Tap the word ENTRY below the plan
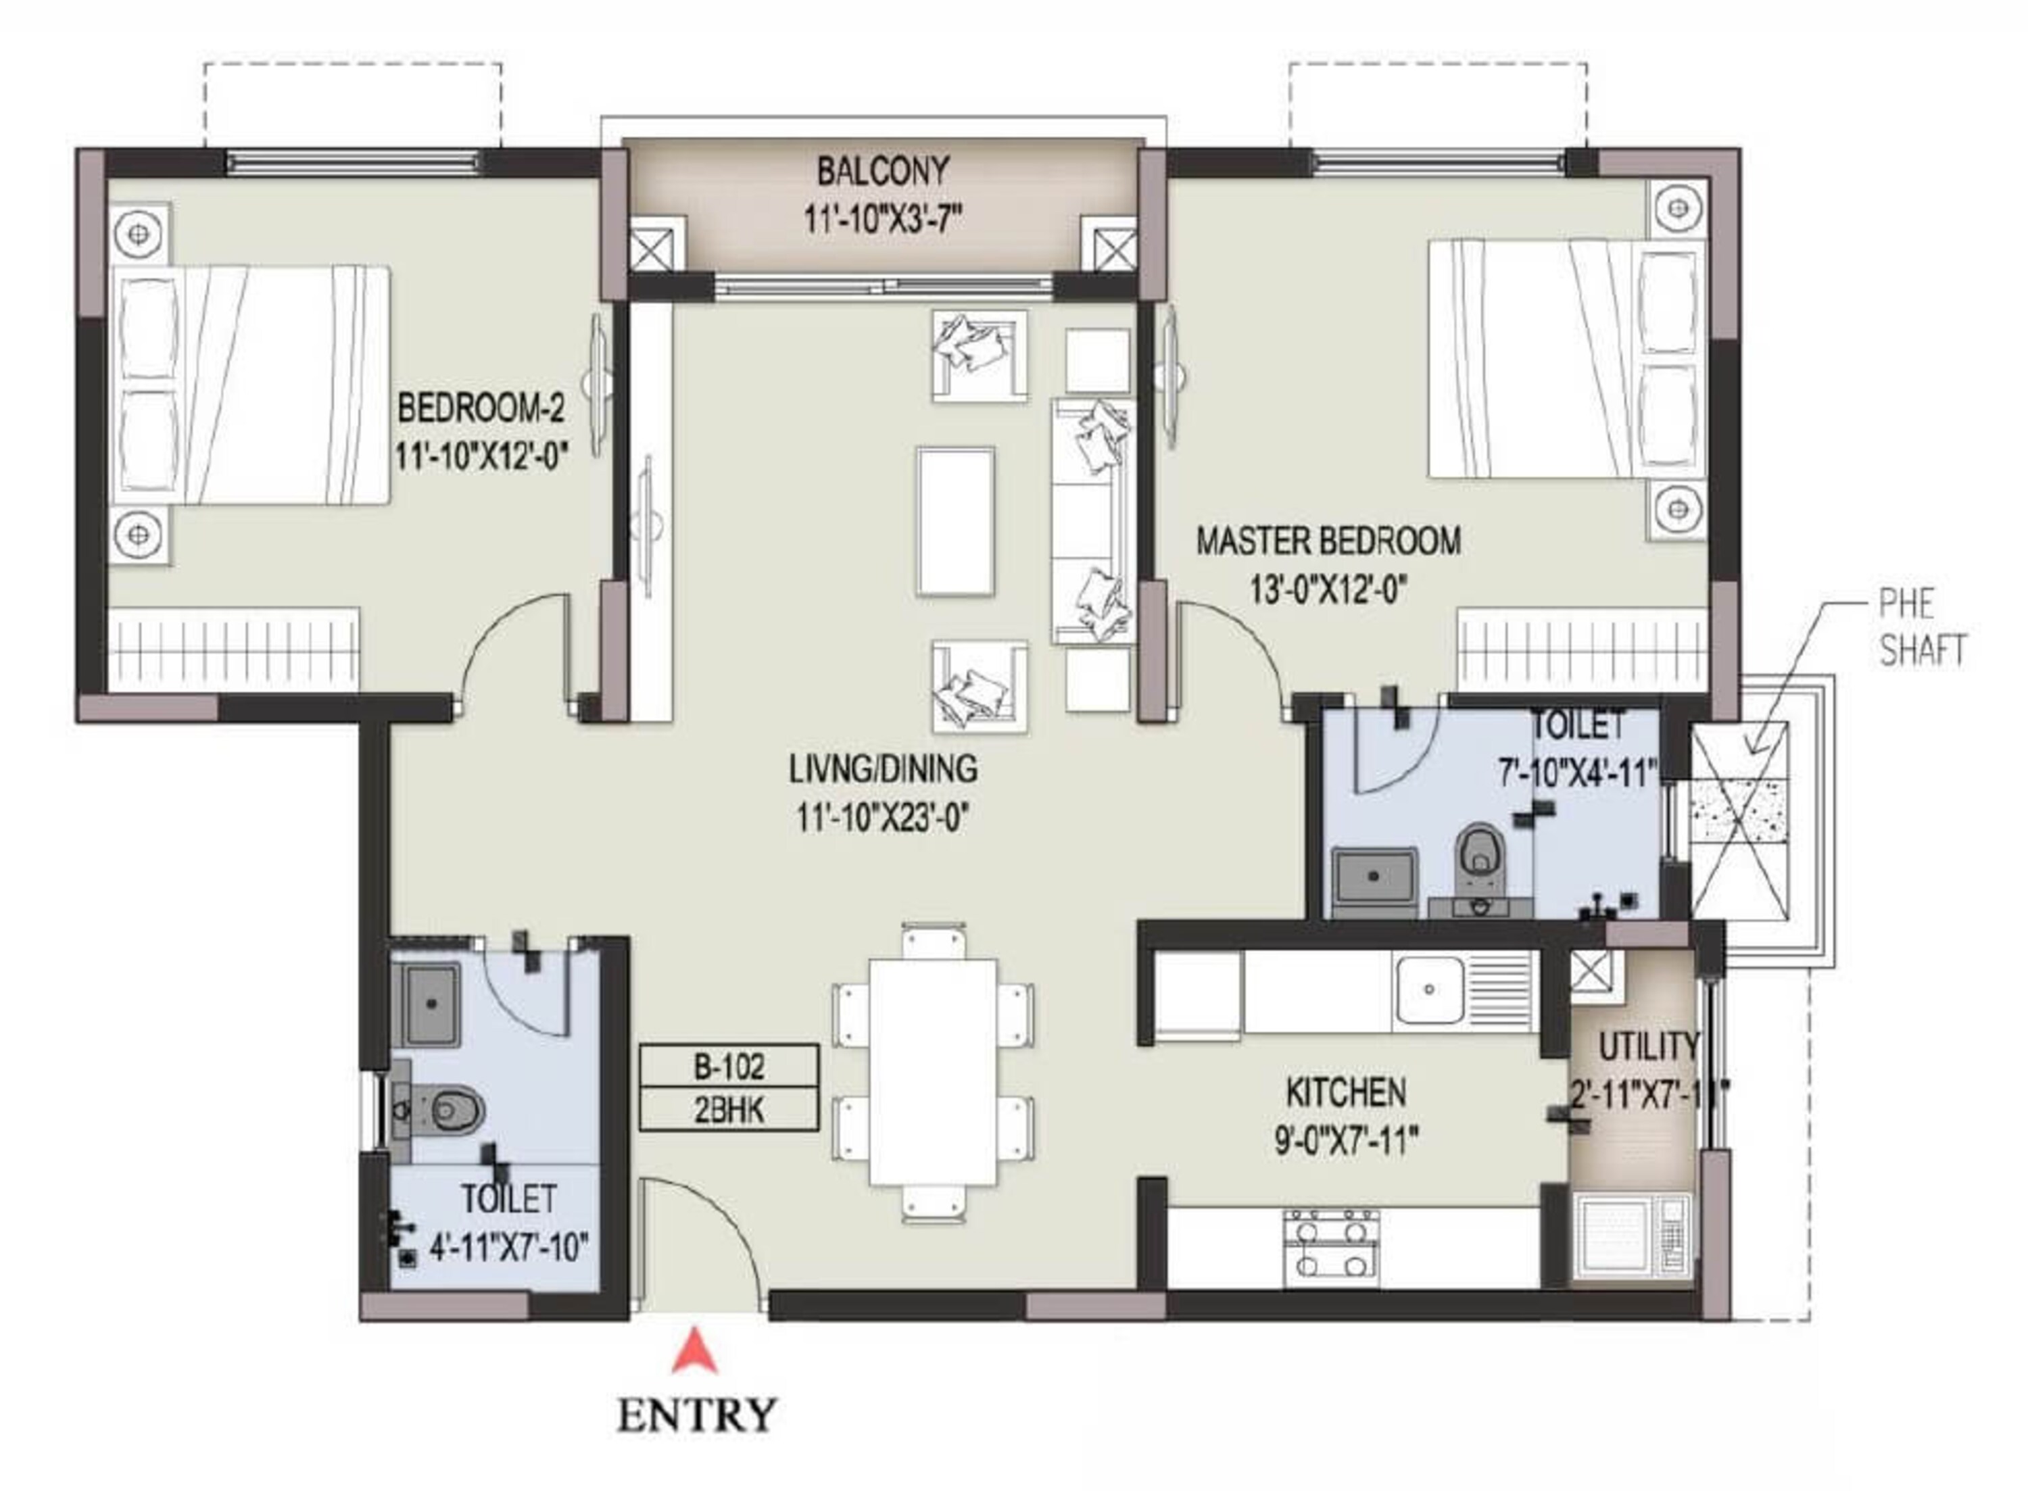click(x=696, y=1415)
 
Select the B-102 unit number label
click(x=729, y=1068)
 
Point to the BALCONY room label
click(x=883, y=170)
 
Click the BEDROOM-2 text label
click(x=481, y=409)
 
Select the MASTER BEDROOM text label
click(x=1328, y=541)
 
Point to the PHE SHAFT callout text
click(x=1923, y=628)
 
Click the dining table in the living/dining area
click(x=934, y=1072)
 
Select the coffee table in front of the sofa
click(x=956, y=522)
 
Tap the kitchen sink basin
click(x=1430, y=989)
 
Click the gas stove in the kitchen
click(x=1331, y=1248)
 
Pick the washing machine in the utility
click(x=1632, y=1236)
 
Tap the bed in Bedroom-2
click(x=250, y=385)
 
